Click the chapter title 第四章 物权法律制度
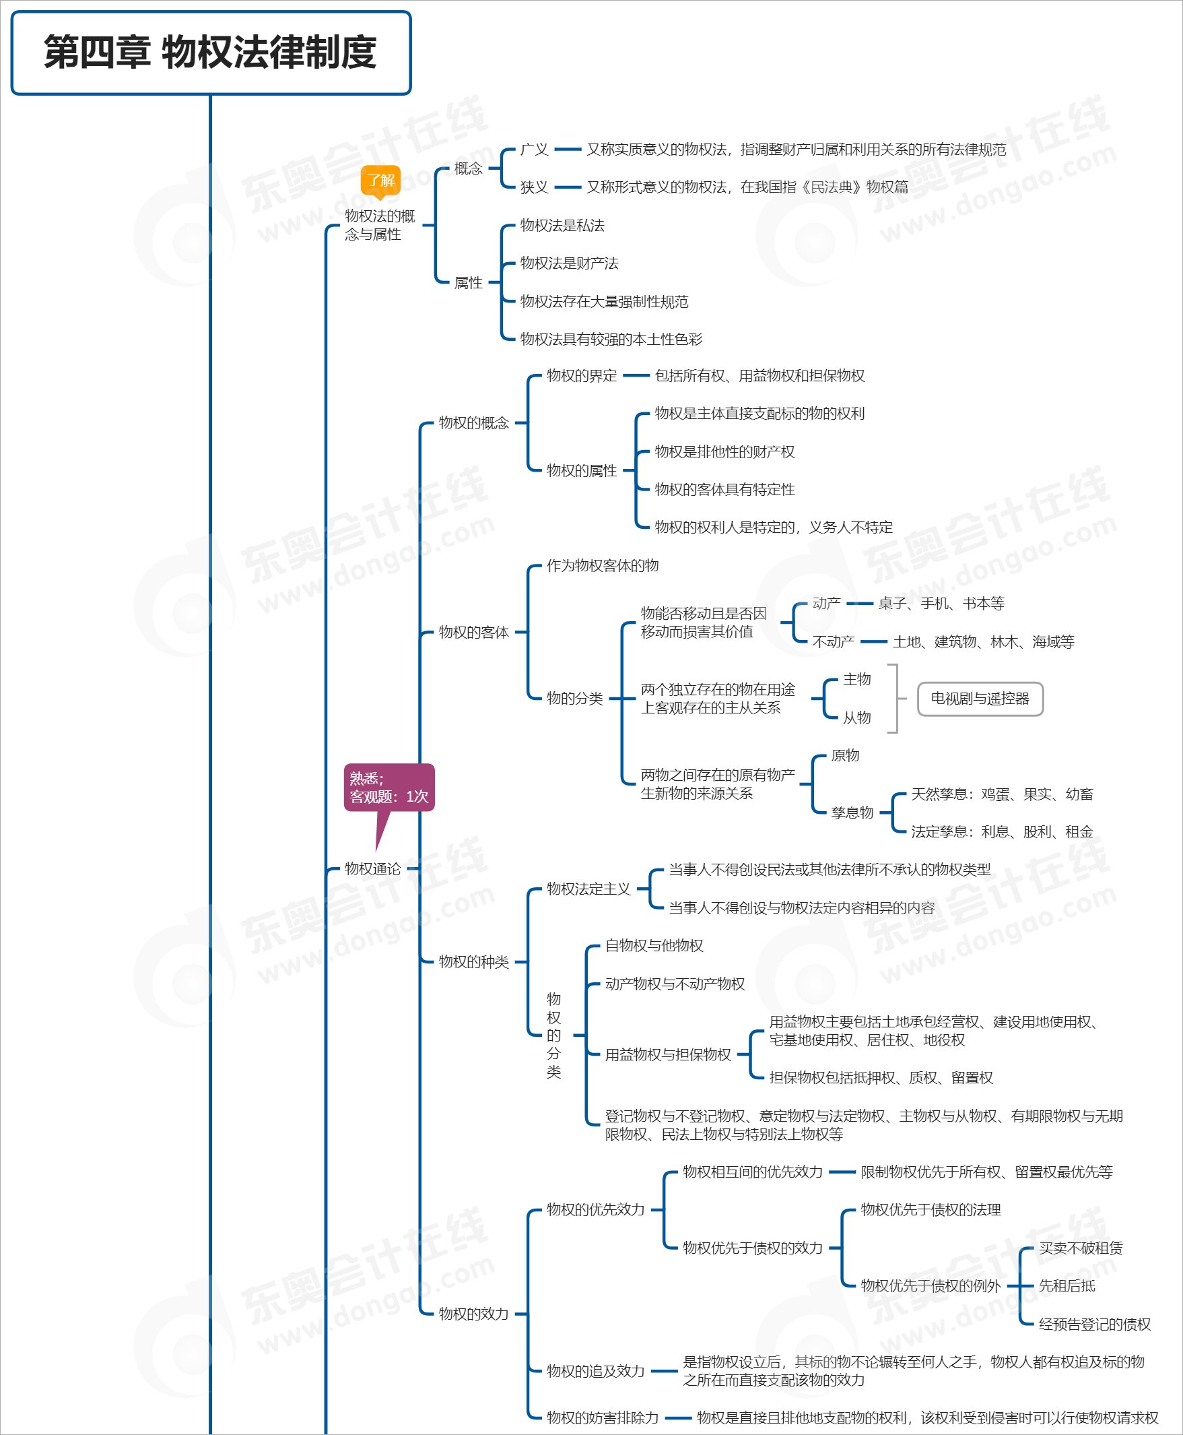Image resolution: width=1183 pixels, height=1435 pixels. [x=211, y=53]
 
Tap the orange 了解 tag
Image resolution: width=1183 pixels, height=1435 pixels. [x=380, y=181]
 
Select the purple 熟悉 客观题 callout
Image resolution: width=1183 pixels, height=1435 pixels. [x=388, y=788]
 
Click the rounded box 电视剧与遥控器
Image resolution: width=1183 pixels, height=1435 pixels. [x=979, y=699]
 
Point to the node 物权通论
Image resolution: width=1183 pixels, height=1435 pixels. [x=372, y=868]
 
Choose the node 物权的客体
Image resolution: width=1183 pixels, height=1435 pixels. [x=473, y=632]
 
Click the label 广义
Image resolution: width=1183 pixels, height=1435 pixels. [x=533, y=150]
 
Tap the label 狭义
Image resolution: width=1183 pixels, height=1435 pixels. [x=533, y=187]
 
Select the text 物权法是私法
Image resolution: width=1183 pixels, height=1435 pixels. [x=562, y=226]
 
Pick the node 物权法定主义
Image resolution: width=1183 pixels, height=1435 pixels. [x=588, y=889]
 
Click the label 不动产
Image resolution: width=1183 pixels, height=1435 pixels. [x=833, y=641]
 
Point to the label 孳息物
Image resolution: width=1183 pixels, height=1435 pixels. [x=852, y=812]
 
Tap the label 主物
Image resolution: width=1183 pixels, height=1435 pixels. [x=856, y=679]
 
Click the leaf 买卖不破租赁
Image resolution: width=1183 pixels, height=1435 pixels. [x=1080, y=1248]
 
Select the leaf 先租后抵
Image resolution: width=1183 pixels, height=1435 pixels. [x=1067, y=1285]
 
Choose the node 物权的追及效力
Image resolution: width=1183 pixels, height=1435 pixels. [x=595, y=1371]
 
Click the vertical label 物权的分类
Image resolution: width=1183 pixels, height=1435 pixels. [x=553, y=1035]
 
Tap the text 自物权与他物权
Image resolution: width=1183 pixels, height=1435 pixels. [x=654, y=945]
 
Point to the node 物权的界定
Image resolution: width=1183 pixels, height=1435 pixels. [x=581, y=376]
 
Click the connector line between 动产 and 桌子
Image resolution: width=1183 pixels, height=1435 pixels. [x=859, y=604]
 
